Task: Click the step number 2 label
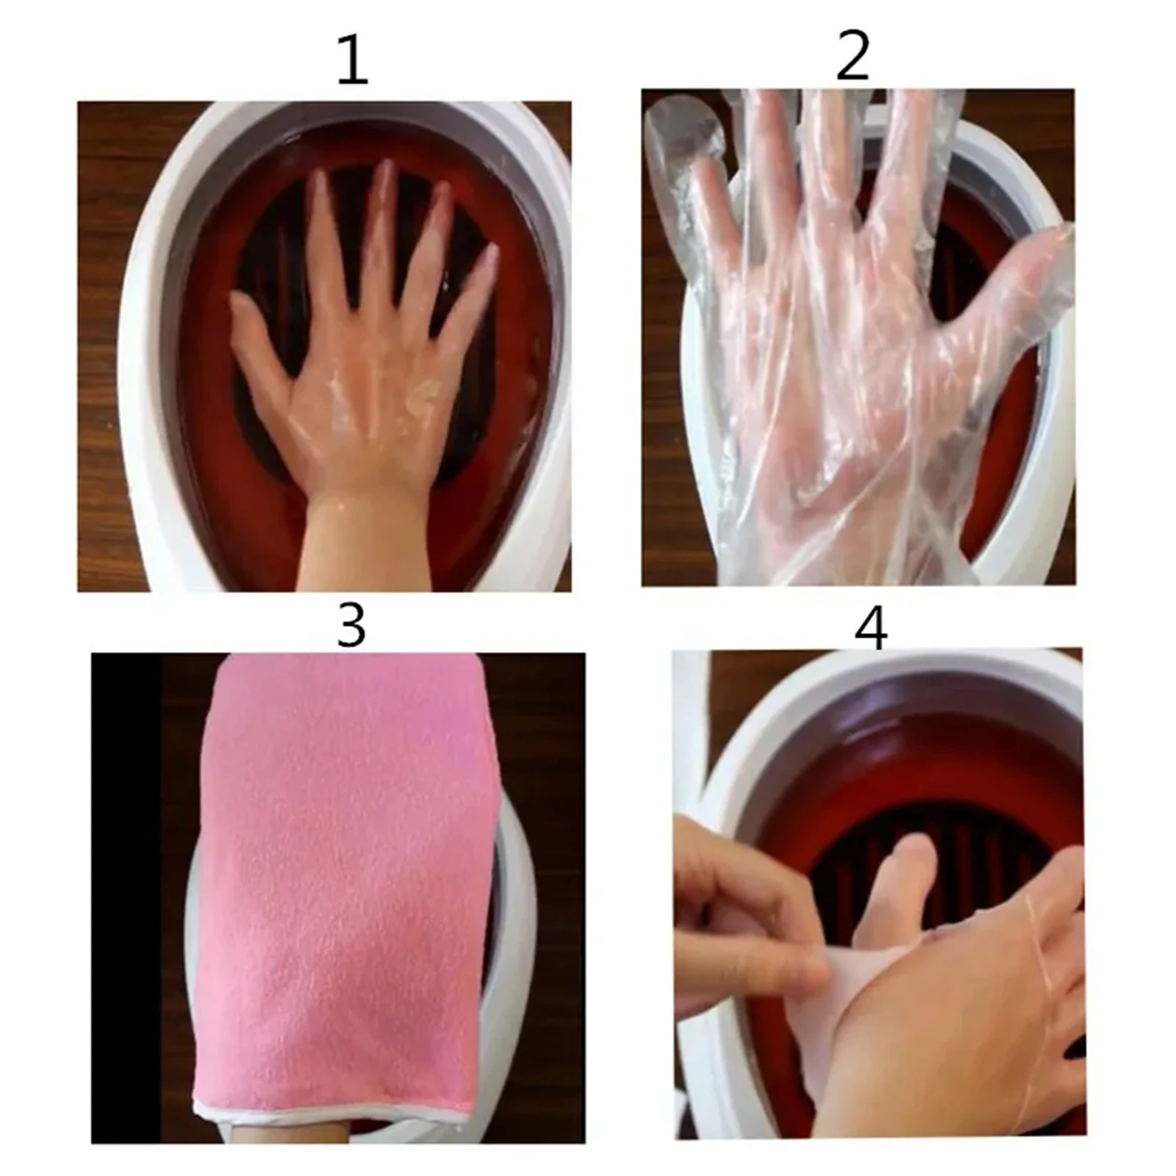pos(853,57)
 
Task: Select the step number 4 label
pos(871,628)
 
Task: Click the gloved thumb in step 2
pos(1029,287)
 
